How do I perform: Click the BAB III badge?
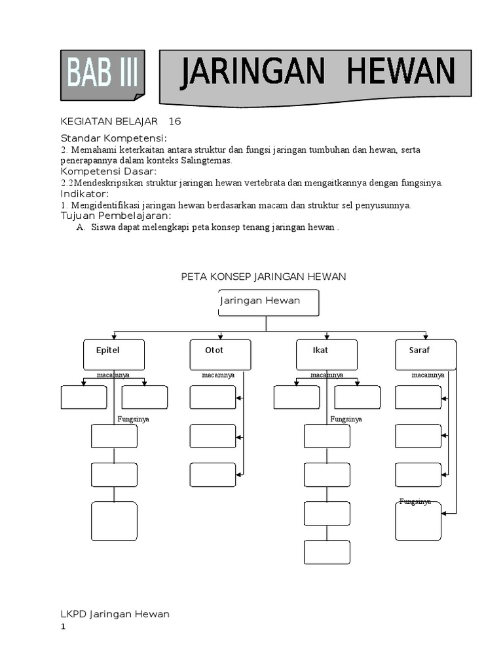coord(102,75)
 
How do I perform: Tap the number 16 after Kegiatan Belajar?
coord(174,121)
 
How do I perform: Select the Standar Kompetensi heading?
coord(113,138)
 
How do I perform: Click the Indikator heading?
coord(84,194)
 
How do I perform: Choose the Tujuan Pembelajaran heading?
coord(116,216)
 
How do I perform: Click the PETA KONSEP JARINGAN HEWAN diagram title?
coord(263,277)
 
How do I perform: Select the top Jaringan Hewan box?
coord(268,303)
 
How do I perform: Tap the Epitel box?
coord(114,354)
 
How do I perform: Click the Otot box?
coord(219,354)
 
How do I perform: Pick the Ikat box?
coord(326,354)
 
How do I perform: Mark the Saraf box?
coord(426,354)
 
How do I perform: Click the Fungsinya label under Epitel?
coord(133,419)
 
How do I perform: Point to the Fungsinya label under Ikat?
coord(346,419)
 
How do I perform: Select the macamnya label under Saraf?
coord(428,375)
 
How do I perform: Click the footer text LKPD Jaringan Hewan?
coord(115,614)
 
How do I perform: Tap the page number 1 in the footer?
coord(64,627)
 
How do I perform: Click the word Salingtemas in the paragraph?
coord(211,161)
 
